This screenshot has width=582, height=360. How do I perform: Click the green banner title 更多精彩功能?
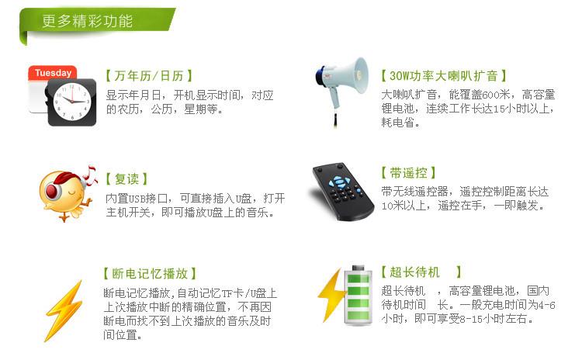point(87,21)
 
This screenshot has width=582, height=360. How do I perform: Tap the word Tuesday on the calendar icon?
point(53,73)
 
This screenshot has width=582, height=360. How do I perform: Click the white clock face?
point(72,102)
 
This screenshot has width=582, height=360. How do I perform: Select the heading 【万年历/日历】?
point(148,76)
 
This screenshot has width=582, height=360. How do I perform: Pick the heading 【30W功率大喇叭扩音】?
point(444,76)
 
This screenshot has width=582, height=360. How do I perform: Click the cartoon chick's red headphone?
point(53,190)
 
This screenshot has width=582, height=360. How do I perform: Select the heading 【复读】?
point(126,179)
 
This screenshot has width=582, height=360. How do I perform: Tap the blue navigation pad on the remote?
point(339,182)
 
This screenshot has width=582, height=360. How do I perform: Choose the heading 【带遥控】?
point(408,172)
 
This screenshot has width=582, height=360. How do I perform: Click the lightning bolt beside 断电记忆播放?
point(63,311)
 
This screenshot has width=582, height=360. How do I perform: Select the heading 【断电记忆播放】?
point(150,274)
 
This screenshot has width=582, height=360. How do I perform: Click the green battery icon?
point(359,296)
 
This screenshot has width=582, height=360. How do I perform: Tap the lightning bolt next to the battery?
point(331,295)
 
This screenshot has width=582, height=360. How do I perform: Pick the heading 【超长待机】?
point(421,272)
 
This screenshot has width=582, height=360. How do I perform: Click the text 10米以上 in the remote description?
point(404,206)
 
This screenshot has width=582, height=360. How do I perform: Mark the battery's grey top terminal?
point(359,268)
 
